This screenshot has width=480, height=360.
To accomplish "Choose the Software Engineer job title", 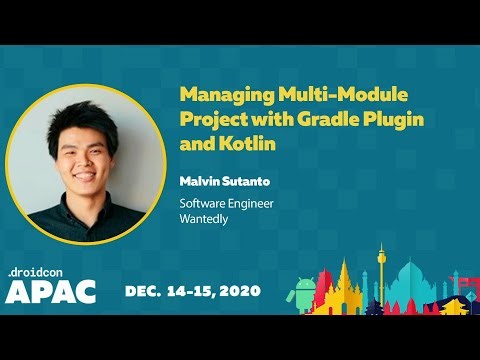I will [226, 204].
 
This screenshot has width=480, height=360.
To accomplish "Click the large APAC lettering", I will [51, 291].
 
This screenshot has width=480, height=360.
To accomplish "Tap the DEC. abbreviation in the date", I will [146, 291].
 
